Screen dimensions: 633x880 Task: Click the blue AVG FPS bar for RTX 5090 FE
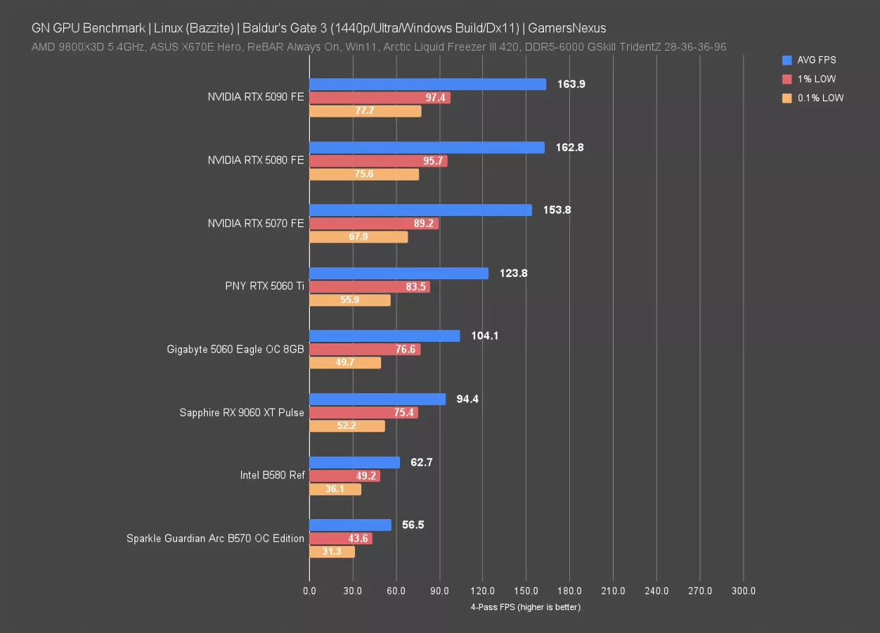click(427, 84)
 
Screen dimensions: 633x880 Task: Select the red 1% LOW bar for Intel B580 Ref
click(344, 476)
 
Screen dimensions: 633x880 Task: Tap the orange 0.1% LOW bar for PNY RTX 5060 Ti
click(349, 300)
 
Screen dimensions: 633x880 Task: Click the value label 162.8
click(570, 148)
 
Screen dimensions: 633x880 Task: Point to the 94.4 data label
click(467, 399)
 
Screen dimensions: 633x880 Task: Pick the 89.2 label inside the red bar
click(423, 224)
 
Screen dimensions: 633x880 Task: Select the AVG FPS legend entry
click(816, 60)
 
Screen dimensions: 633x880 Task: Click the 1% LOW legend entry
click(816, 79)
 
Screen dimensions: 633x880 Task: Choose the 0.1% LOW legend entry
click(820, 98)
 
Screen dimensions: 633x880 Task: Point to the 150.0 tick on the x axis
click(526, 592)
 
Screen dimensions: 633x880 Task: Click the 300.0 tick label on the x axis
click(744, 592)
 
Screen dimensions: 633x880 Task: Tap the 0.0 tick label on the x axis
click(309, 592)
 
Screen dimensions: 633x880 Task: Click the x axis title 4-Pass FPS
click(526, 607)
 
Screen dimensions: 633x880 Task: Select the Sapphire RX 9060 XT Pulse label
click(242, 413)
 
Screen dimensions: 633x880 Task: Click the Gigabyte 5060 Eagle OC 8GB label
click(235, 349)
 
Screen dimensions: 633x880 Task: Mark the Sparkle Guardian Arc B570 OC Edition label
click(215, 539)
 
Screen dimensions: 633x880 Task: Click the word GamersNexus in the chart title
click(567, 28)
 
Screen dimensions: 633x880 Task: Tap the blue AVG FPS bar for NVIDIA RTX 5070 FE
click(420, 210)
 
